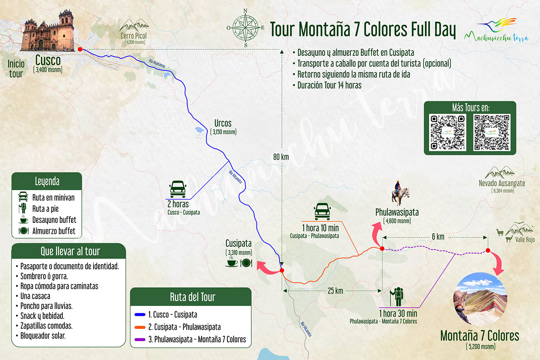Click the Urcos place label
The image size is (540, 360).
[223, 123]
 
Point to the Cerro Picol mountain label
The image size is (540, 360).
[134, 36]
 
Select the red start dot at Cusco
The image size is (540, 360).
[80, 50]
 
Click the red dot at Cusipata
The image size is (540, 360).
[282, 270]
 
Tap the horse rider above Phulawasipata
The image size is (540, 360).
[400, 193]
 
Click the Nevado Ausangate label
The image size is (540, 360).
[502, 183]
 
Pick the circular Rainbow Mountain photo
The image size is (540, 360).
[480, 299]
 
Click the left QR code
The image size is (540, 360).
[447, 132]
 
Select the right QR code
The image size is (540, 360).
[492, 132]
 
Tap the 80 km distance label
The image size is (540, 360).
[281, 157]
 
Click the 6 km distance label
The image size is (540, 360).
[438, 237]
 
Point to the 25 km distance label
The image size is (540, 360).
[335, 291]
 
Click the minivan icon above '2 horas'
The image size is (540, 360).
[178, 189]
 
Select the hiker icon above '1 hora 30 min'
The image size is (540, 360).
[397, 297]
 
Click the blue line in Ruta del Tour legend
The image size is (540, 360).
[140, 314]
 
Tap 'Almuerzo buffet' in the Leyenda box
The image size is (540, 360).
[54, 231]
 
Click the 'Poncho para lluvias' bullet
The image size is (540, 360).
[46, 306]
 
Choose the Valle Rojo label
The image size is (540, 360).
[525, 239]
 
